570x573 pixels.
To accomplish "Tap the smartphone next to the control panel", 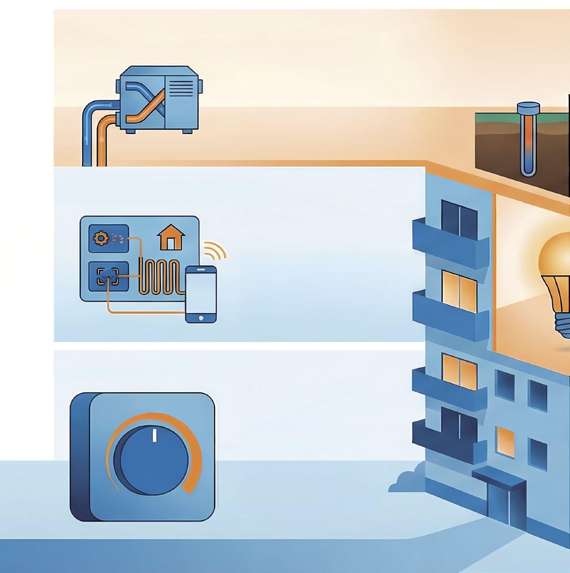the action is click(x=201, y=294).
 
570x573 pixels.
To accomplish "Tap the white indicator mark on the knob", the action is click(x=154, y=435).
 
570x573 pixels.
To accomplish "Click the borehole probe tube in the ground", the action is click(x=528, y=146).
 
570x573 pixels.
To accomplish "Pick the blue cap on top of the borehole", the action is click(x=528, y=108).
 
